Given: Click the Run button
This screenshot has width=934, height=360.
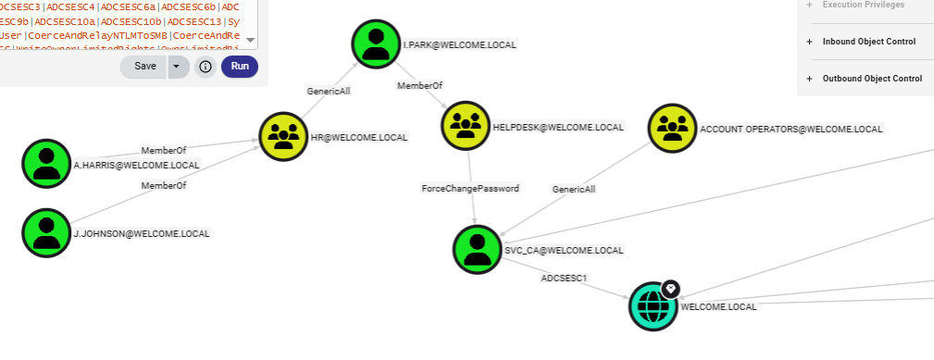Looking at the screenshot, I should [240, 67].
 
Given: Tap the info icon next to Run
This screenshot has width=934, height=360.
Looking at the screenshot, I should [205, 67].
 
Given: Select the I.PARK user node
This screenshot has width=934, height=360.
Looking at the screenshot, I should [376, 43].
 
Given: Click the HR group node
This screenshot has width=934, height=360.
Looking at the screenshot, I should [283, 136].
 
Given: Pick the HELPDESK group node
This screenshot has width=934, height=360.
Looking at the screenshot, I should [466, 126].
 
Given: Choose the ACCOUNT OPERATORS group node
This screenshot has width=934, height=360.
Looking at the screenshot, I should [672, 128].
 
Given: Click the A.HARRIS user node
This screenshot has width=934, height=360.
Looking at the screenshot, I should [46, 164].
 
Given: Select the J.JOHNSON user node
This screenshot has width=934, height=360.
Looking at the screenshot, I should [46, 231].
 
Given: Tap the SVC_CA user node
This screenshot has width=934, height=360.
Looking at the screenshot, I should [478, 249].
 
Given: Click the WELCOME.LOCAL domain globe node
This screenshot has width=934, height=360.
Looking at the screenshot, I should [654, 305].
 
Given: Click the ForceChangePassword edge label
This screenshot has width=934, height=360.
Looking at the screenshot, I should [470, 188].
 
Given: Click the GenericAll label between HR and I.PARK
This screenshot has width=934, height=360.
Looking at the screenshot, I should [330, 91].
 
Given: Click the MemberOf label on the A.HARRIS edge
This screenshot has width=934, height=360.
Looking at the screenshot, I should [164, 150].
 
